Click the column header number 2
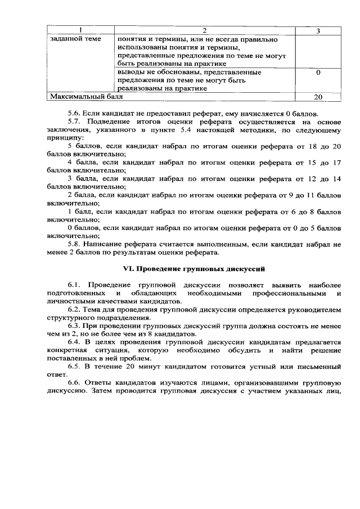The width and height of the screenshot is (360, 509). click(x=204, y=30)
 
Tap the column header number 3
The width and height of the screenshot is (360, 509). click(x=318, y=30)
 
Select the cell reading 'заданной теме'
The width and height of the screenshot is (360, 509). click(x=75, y=39)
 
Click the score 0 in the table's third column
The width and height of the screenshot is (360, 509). click(x=318, y=73)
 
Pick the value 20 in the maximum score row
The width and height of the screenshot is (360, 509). click(x=318, y=97)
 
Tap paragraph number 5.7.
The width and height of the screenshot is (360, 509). click(x=74, y=122)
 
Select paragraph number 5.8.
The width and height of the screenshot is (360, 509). click(x=74, y=244)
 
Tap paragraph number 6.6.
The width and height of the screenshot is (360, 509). click(x=74, y=383)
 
